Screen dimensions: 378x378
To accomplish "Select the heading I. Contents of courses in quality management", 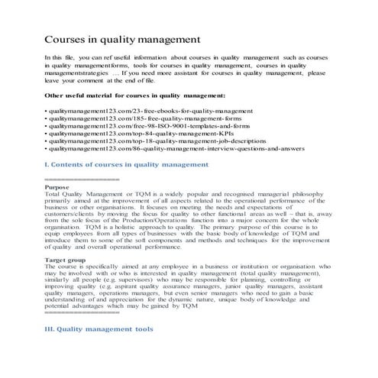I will click(x=126, y=164).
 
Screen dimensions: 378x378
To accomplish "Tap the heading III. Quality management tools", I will click(x=99, y=329).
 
